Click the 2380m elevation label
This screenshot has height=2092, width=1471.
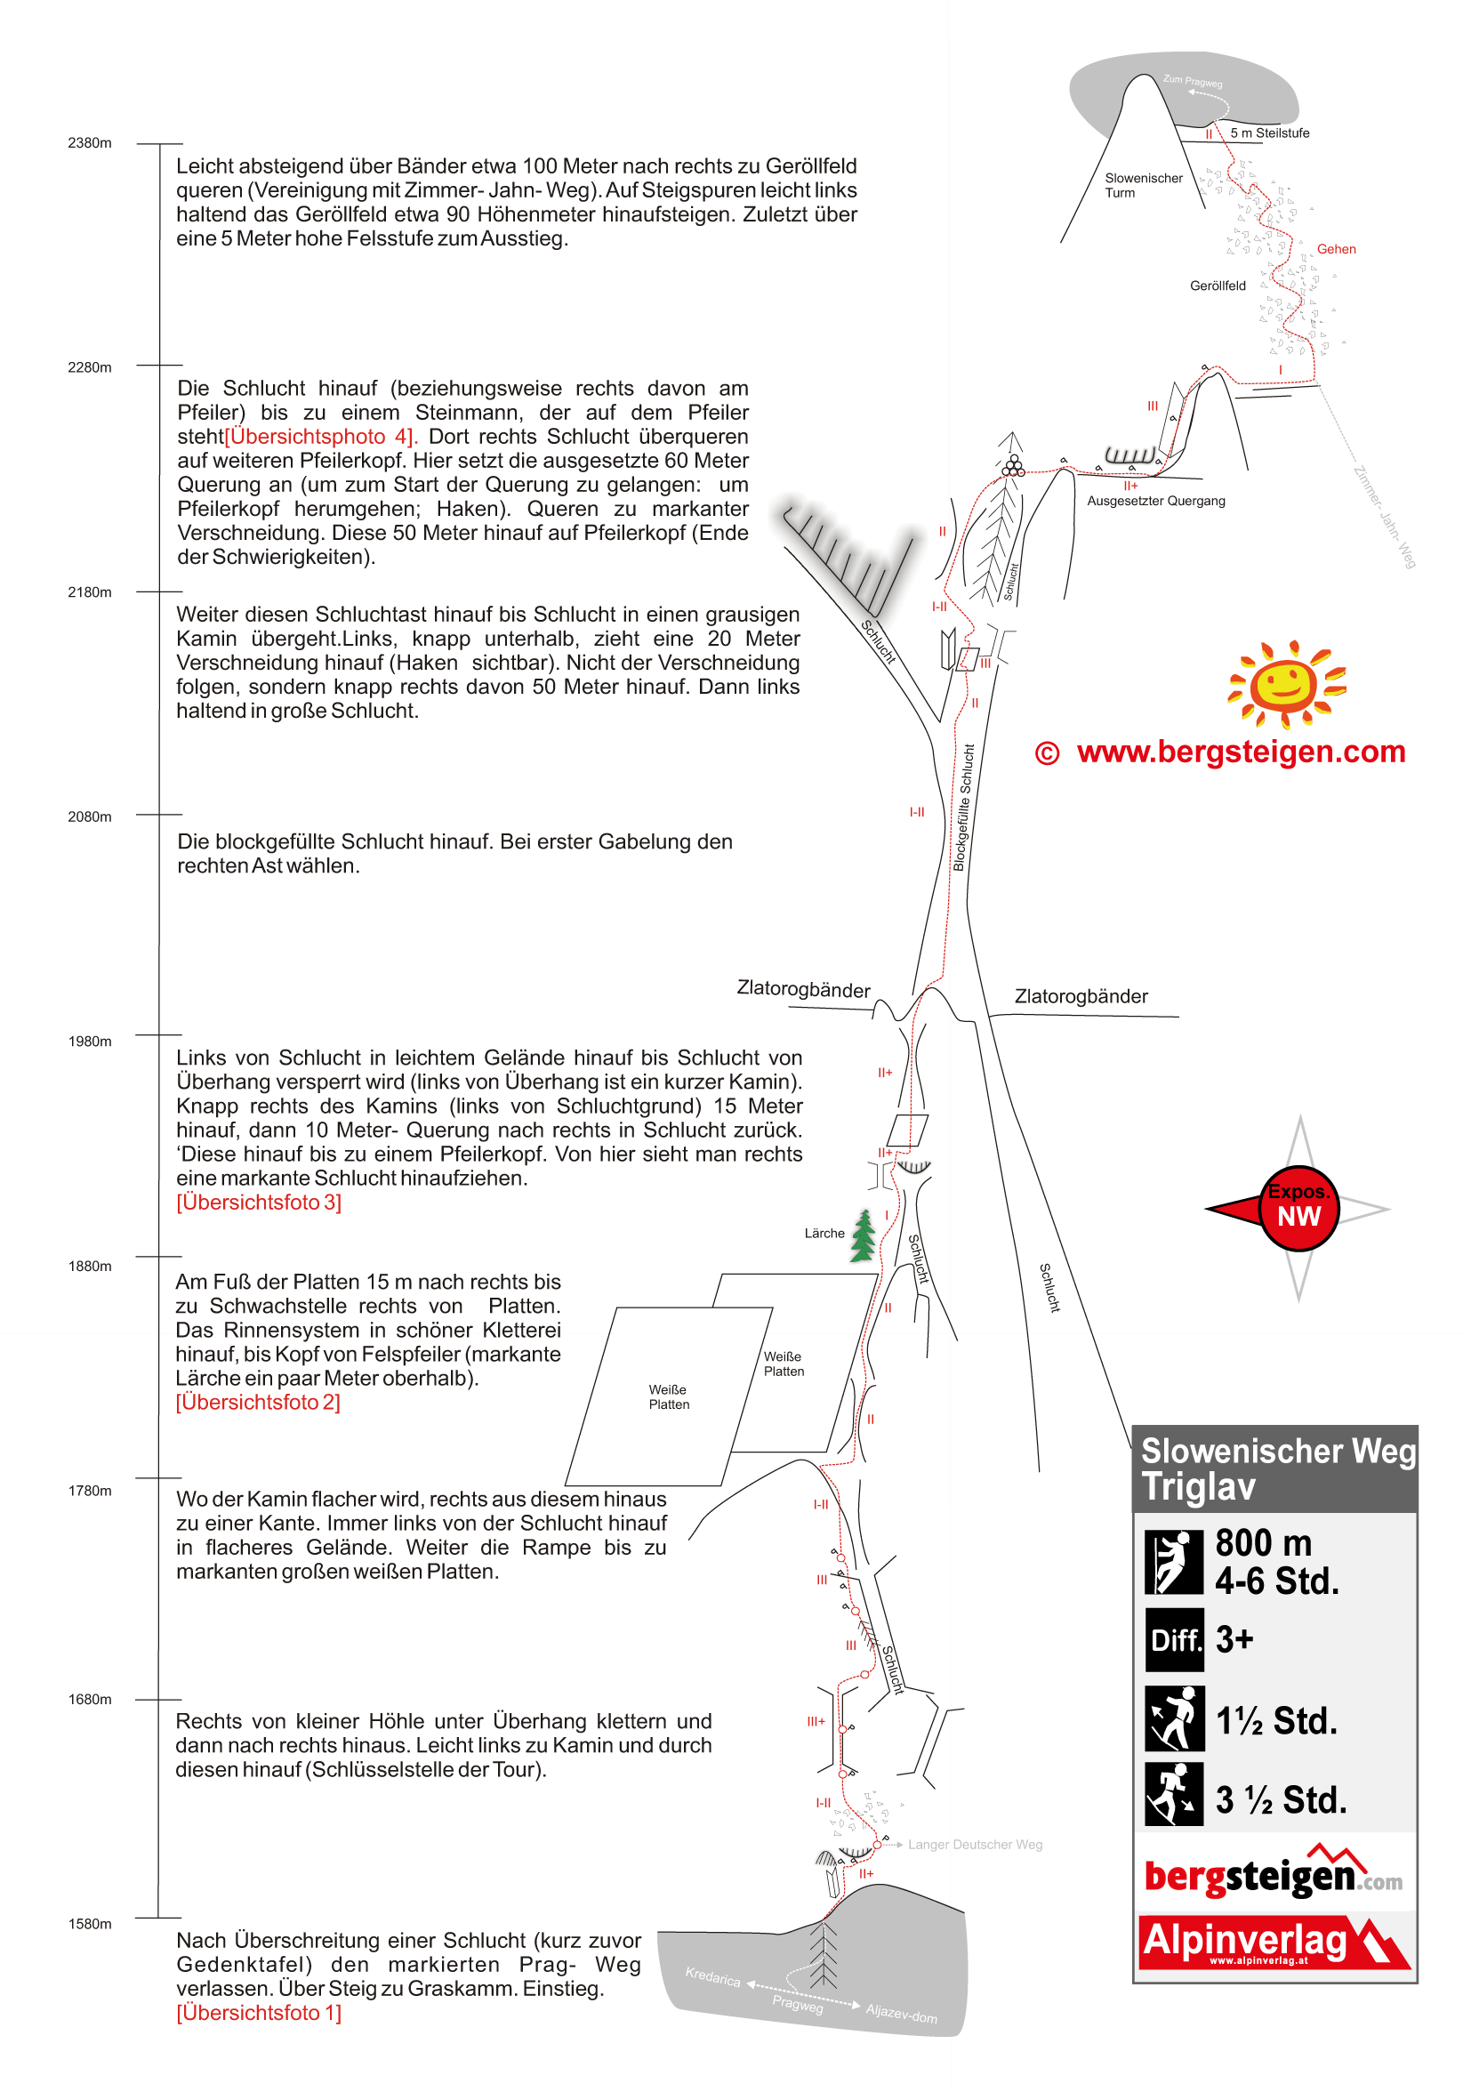pos(89,143)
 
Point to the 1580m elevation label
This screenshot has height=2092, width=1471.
pos(89,1923)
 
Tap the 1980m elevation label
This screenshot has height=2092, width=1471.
pos(89,1042)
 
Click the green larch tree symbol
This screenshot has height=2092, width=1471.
pos(863,1235)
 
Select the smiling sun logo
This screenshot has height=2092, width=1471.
pos(1286,684)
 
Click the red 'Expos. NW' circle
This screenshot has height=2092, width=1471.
pos(1298,1208)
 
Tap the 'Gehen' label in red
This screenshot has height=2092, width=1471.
pos(1335,249)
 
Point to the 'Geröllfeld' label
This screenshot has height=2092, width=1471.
pos(1217,286)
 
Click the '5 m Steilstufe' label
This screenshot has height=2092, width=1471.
pos(1269,133)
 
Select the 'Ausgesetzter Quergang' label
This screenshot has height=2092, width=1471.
pos(1155,501)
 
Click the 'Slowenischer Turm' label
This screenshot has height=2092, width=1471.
pos(1142,185)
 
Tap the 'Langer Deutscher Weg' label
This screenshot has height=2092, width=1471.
pos(975,1844)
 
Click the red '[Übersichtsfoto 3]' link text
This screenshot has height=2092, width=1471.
pos(259,1202)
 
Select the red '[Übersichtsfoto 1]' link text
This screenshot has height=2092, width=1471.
pos(259,2013)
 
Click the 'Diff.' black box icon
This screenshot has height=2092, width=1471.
pos(1174,1640)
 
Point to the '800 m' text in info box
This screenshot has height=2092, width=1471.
pos(1263,1542)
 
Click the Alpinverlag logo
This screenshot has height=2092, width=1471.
pos(1274,1942)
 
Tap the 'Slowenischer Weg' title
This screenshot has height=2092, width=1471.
pos(1277,1451)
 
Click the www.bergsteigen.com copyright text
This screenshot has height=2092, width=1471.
pos(1219,752)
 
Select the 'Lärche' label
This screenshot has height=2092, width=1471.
pos(824,1233)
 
